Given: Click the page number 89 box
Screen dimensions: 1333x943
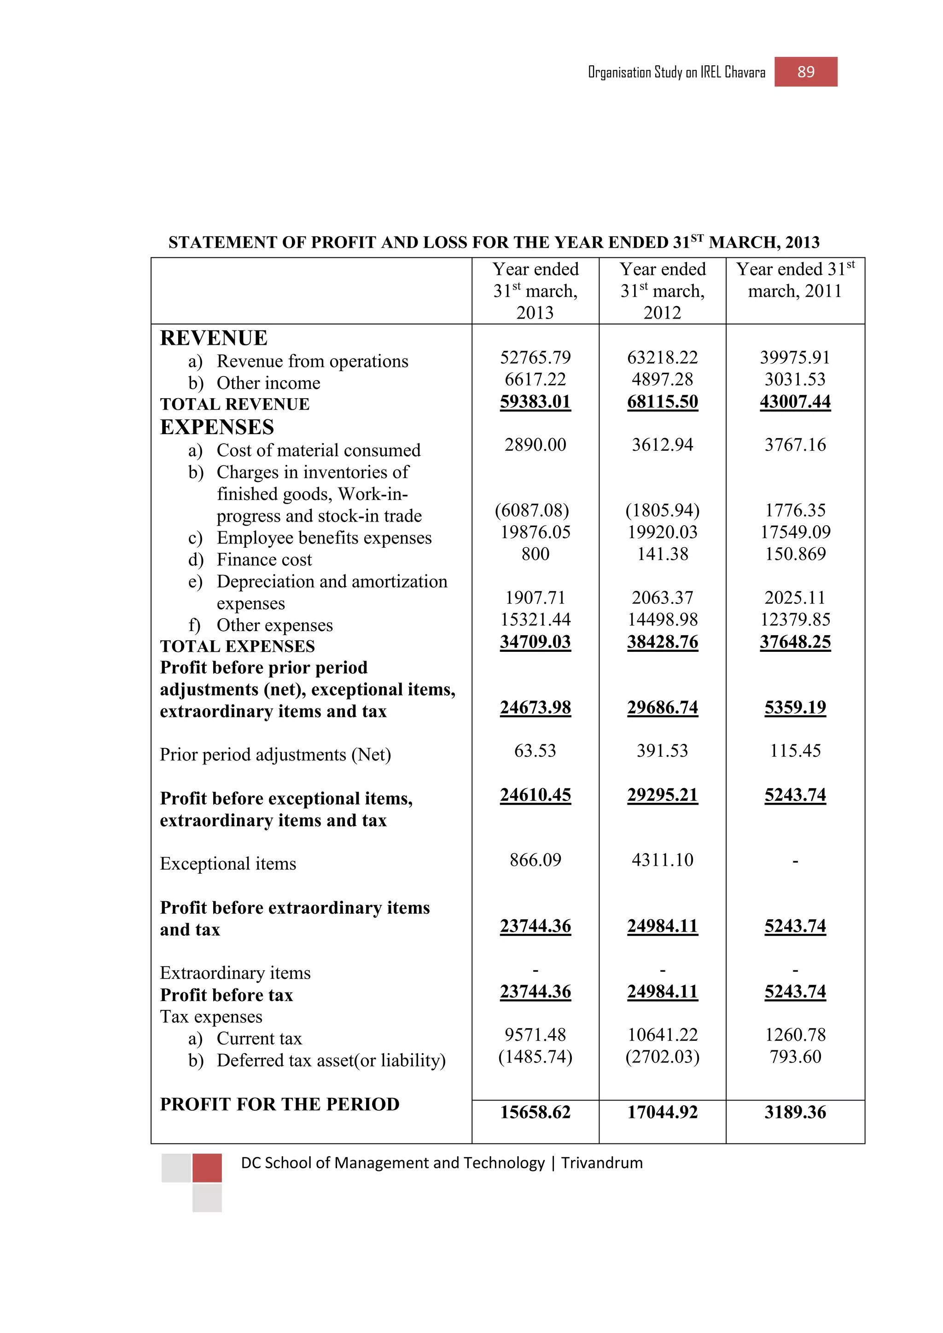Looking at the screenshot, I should tap(805, 72).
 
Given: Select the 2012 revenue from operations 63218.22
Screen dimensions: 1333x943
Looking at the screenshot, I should tap(662, 358).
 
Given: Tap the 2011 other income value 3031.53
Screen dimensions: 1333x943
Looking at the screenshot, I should tap(794, 380).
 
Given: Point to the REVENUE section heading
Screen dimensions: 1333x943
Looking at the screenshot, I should tap(214, 338).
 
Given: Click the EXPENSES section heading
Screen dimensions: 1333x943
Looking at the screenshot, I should tap(216, 427).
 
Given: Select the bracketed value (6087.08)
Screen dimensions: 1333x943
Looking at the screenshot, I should tap(532, 510).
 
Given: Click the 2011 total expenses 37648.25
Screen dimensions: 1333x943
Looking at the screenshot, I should tap(794, 642).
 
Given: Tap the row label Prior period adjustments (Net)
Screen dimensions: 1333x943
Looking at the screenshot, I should tap(275, 755).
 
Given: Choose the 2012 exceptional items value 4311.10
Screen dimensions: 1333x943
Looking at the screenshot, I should tap(662, 860).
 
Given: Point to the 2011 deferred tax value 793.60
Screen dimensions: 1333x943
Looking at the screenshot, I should tap(794, 1057).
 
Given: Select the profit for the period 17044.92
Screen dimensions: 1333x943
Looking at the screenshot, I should tap(662, 1113).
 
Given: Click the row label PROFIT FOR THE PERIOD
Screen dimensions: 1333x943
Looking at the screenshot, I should tap(279, 1104).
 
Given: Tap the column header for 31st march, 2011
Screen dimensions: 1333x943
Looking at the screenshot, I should tap(794, 280).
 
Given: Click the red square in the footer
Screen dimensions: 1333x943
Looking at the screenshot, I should tap(207, 1168).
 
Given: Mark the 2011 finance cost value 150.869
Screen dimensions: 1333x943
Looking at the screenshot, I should tap(794, 555).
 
